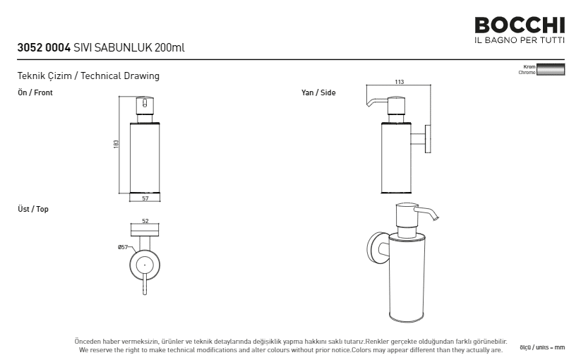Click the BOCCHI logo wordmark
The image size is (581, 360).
520,25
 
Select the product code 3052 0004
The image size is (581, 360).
44,48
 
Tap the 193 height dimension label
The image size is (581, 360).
116,144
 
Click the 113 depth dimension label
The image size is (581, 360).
399,82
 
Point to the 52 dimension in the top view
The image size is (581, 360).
145,221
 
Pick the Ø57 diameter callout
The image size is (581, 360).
123,247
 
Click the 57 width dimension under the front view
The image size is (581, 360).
145,198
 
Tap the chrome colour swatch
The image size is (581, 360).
551,69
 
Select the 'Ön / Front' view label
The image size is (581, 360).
35,92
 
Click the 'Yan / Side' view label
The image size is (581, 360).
318,92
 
